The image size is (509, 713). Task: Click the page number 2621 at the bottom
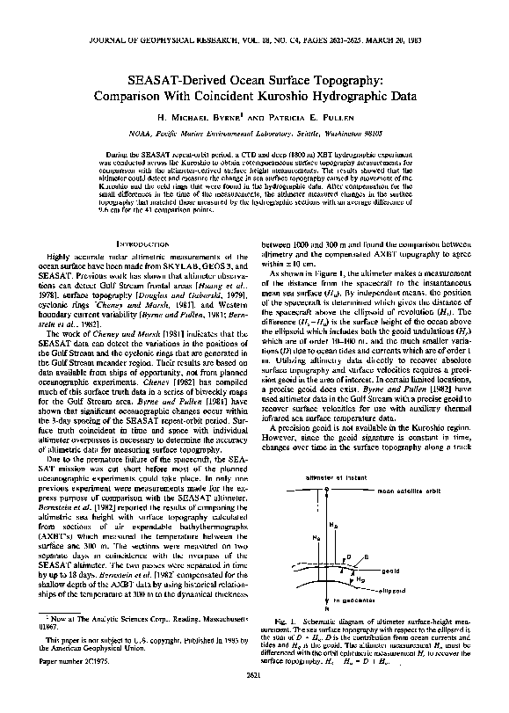pos(254,700)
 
